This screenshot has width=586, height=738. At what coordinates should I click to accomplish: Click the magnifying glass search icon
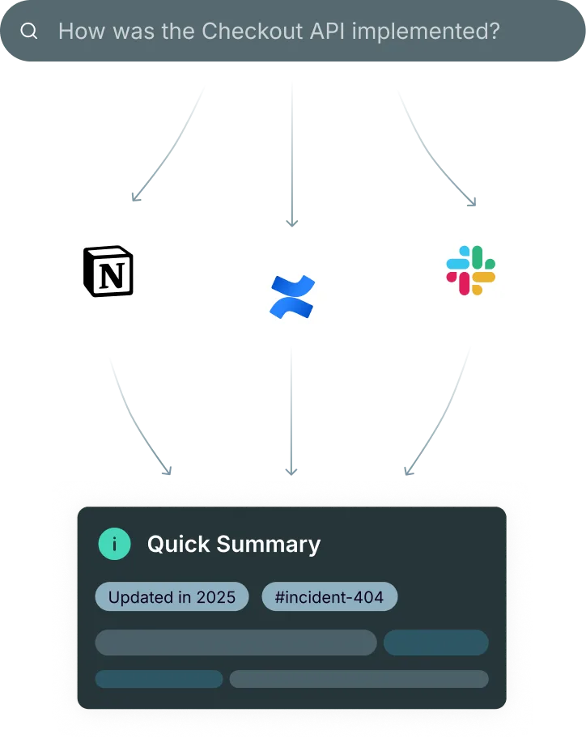click(x=29, y=32)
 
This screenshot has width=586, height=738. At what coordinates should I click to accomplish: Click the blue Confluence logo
click(x=293, y=295)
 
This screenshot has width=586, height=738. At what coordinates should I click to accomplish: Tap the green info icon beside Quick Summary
click(x=114, y=545)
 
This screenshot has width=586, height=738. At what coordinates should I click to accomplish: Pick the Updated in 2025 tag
click(x=172, y=598)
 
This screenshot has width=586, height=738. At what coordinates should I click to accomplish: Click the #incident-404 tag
click(x=329, y=598)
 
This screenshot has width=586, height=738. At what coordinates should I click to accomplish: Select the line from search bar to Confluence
click(x=293, y=154)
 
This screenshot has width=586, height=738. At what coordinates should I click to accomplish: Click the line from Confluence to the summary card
click(x=291, y=413)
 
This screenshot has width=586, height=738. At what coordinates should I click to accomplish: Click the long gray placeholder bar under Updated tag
click(x=236, y=643)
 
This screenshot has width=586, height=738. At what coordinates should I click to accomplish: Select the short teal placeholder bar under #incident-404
click(x=435, y=643)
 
